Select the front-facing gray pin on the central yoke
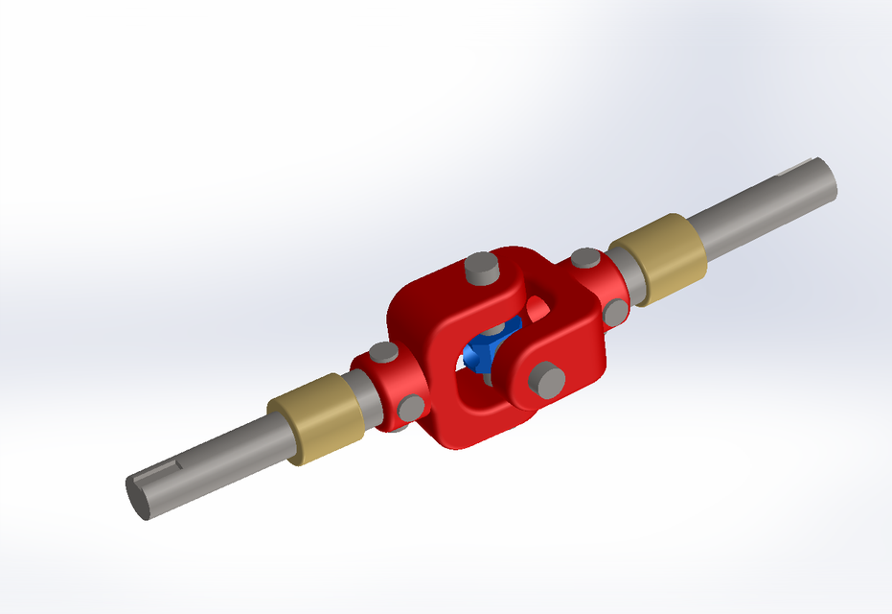click(548, 381)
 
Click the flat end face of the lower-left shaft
click(138, 497)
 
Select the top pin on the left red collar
click(383, 353)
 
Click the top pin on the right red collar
click(583, 258)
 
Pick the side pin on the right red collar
click(614, 310)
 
